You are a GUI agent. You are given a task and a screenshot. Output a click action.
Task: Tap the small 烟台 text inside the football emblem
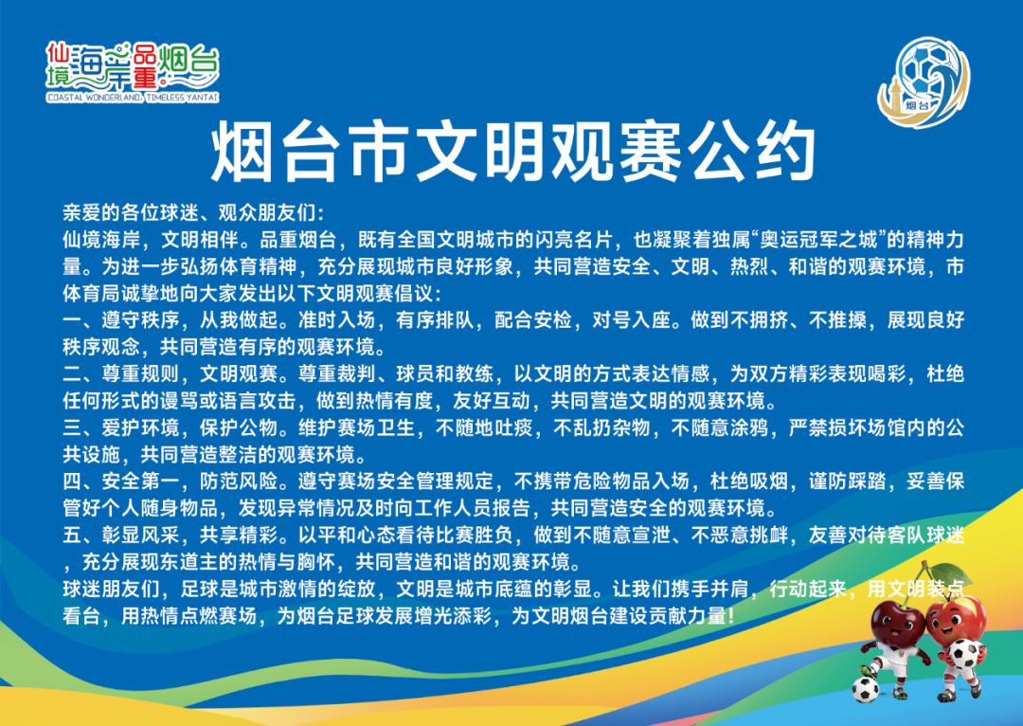[916, 105]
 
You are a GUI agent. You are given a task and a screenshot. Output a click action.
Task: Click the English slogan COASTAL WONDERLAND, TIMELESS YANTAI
[132, 98]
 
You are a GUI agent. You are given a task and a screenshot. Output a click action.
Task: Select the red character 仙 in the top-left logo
[59, 50]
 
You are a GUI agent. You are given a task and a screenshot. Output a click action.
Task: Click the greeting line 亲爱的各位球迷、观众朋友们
[192, 212]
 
